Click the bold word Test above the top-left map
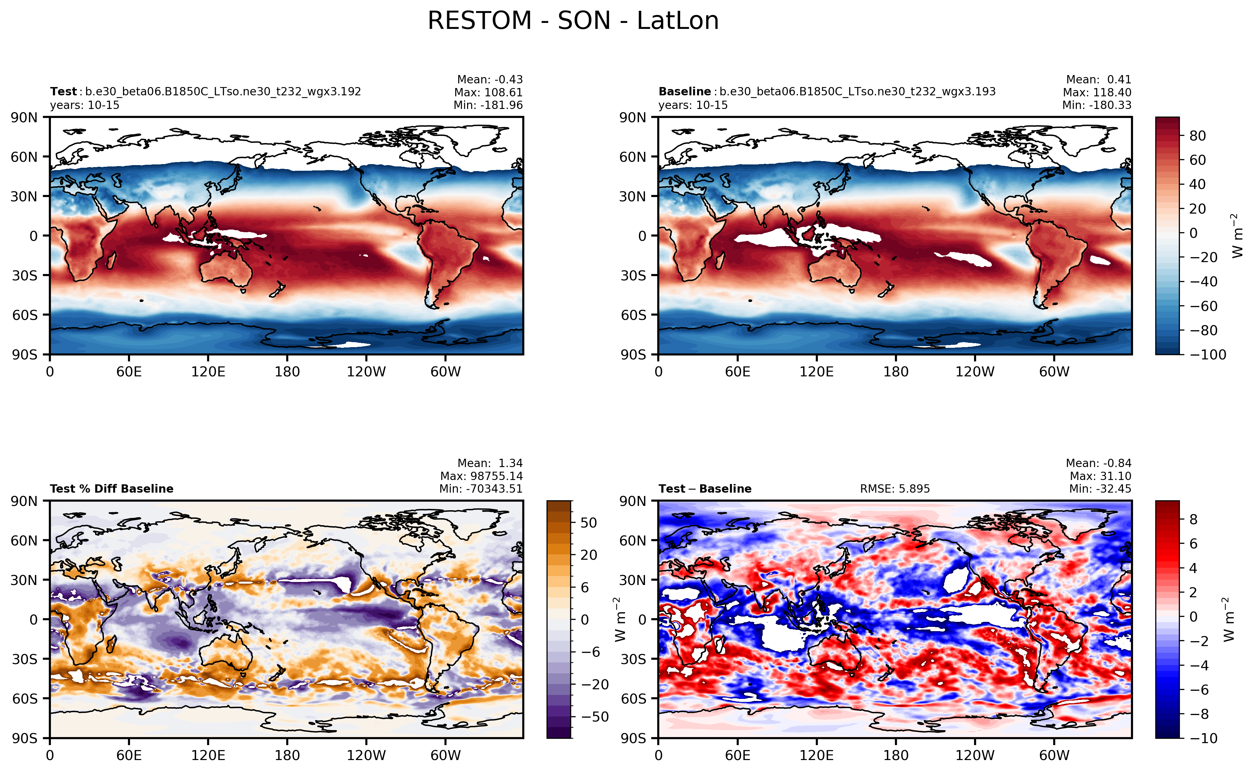point(63,91)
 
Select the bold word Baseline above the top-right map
point(684,91)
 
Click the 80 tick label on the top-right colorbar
point(1197,136)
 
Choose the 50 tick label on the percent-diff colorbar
point(588,523)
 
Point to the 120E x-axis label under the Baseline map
point(816,372)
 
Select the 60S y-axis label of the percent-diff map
point(25,698)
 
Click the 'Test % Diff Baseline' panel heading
point(111,489)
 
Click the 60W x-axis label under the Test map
point(445,372)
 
